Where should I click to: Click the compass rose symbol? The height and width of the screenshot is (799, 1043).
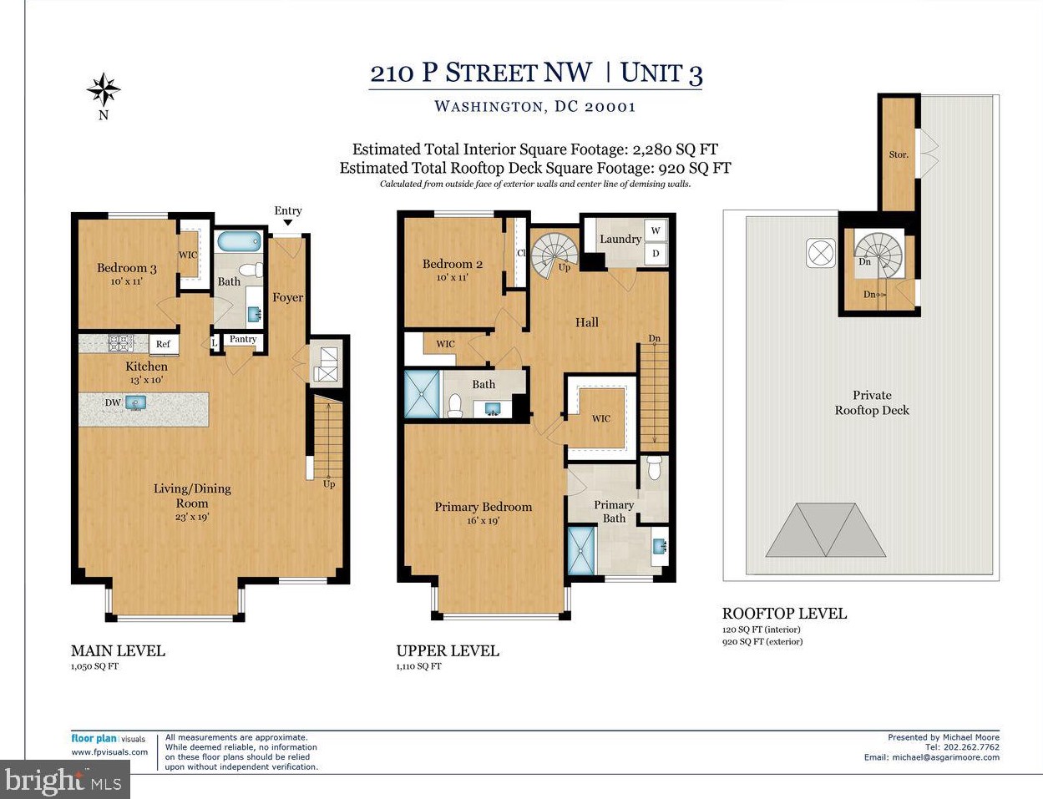(104, 89)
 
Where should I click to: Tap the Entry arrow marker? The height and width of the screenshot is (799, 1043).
(287, 223)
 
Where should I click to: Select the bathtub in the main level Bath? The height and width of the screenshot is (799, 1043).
(239, 241)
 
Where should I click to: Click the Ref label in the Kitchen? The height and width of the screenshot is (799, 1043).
(163, 344)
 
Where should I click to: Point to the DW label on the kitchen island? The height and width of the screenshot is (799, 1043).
(113, 402)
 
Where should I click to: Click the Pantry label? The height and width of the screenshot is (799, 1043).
(243, 339)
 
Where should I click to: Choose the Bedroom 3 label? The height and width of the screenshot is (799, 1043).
(127, 268)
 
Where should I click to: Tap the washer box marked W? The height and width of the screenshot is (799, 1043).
(656, 230)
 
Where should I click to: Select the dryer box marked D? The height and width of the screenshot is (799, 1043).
(656, 253)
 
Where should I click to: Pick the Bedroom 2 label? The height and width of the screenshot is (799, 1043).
(452, 264)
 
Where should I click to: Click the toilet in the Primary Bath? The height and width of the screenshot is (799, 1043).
(654, 468)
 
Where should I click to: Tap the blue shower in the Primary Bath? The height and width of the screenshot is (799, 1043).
(581, 550)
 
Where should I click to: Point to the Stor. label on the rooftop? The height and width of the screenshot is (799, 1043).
(899, 154)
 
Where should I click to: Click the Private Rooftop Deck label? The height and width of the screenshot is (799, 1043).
(872, 402)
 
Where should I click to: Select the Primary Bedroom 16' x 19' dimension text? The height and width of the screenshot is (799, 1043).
(483, 520)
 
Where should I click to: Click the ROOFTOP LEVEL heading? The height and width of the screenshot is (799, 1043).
(784, 614)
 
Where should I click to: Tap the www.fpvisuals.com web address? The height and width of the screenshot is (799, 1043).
(109, 752)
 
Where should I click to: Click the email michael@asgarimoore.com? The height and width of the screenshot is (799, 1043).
(945, 757)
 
